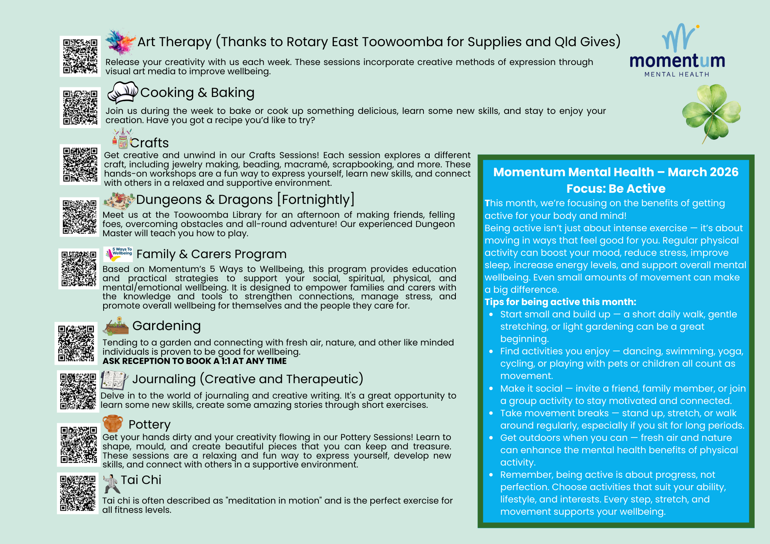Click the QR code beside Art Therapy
80,56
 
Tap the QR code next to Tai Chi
78,493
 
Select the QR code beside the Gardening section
76,343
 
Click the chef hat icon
123,92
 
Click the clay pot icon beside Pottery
112,423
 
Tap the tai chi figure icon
111,483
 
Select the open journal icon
114,380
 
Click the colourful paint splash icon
120,42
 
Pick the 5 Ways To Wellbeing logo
118,254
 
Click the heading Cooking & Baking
197,93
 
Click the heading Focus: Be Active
616,189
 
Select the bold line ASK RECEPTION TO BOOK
194,361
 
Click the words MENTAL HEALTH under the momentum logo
676,74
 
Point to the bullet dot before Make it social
491,389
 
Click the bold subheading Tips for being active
560,302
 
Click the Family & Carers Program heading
211,254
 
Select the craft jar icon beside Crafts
122,139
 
